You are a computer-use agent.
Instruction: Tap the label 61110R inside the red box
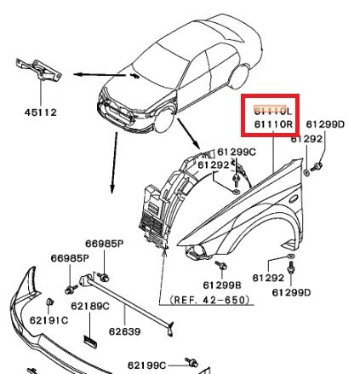click(x=272, y=124)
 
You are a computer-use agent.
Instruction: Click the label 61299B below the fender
click(x=222, y=285)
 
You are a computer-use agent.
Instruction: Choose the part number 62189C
click(x=89, y=305)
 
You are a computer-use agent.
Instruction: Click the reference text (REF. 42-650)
click(x=209, y=301)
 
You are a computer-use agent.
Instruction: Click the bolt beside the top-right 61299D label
click(x=319, y=162)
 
